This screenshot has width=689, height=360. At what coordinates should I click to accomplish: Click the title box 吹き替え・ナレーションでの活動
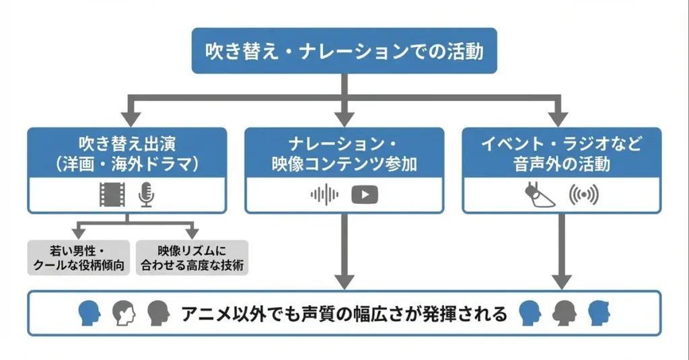(x=344, y=51)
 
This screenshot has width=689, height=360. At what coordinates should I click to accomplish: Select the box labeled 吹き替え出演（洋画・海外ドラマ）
(x=127, y=170)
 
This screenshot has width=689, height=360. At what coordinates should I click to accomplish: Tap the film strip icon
(x=112, y=194)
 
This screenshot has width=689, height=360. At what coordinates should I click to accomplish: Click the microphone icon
(x=145, y=194)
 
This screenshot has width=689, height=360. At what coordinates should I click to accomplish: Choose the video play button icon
(x=364, y=194)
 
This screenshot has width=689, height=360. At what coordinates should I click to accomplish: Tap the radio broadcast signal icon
(x=583, y=195)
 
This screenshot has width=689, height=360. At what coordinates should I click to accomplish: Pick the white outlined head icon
(x=124, y=313)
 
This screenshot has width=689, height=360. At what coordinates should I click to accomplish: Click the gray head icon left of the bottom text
(x=157, y=313)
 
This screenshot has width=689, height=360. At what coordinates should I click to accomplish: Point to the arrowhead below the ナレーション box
(x=344, y=281)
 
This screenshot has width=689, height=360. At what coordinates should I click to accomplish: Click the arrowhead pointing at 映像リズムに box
(x=191, y=232)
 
